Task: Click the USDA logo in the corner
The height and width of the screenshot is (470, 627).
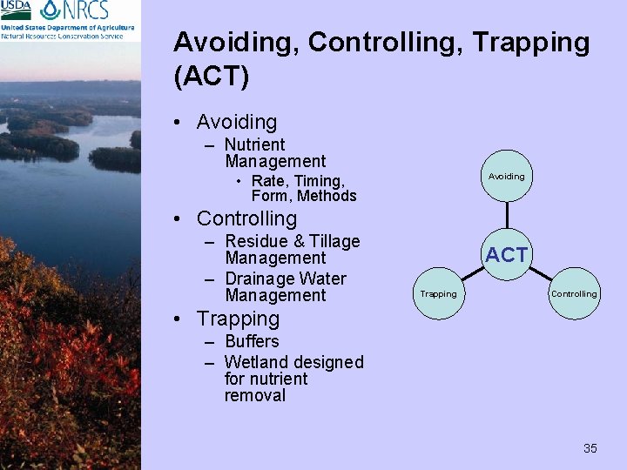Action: point(17,10)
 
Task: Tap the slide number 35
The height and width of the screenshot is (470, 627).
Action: point(590,448)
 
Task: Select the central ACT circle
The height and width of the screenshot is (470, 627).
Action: point(506,255)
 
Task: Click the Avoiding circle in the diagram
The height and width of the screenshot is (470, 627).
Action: point(506,176)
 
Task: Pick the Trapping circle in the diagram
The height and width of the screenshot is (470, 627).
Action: point(438,294)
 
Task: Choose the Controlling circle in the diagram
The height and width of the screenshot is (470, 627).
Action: point(574,294)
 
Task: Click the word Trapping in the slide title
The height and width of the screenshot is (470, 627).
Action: point(530,42)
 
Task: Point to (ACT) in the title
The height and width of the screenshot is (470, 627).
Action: point(212,77)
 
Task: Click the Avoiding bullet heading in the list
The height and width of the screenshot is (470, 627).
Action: point(236,123)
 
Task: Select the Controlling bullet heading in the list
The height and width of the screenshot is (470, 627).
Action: point(246,218)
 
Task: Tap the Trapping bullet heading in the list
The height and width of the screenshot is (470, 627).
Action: point(238,319)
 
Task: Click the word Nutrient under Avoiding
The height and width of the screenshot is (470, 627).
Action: point(254,144)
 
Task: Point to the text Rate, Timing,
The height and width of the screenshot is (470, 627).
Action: point(298,181)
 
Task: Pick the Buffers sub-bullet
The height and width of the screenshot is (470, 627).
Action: point(252,341)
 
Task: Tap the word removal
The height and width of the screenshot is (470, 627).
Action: point(254,395)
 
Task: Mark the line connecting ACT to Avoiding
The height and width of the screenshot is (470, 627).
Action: point(506,215)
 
